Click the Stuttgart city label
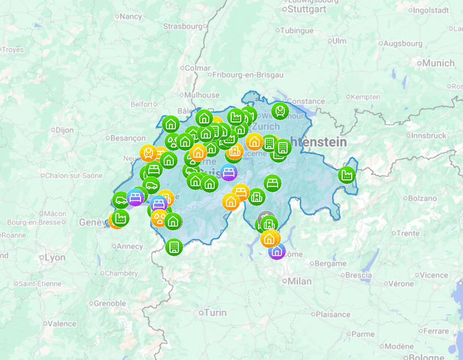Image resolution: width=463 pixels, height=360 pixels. pyautogui.click(x=306, y=9)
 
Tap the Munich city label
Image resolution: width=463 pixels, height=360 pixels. pyautogui.click(x=438, y=63)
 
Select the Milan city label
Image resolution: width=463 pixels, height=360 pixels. pyautogui.click(x=300, y=281)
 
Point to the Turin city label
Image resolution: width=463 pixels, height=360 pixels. pyautogui.click(x=214, y=312)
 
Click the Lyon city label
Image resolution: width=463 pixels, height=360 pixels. pyautogui.click(x=55, y=257)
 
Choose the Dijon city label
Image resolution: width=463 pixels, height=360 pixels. pyautogui.click(x=64, y=130)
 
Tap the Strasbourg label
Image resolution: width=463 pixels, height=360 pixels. pyautogui.click(x=183, y=26)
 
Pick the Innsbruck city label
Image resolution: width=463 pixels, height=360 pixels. pyautogui.click(x=429, y=135)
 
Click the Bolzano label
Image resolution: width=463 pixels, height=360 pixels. pyautogui.click(x=407, y=198)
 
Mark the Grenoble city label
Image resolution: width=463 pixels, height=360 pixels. pyautogui.click(x=109, y=303)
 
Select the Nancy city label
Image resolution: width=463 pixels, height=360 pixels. pyautogui.click(x=130, y=16)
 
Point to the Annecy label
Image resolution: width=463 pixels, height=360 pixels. pyautogui.click(x=130, y=246)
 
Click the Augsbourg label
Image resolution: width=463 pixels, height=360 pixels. pyautogui.click(x=403, y=43)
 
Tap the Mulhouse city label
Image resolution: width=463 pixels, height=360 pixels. pyautogui.click(x=201, y=95)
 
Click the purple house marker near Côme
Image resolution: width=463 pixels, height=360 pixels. pyautogui.click(x=277, y=251)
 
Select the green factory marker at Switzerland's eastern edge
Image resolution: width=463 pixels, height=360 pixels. pyautogui.click(x=347, y=175)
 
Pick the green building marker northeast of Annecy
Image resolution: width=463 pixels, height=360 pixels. pyautogui.click(x=174, y=247)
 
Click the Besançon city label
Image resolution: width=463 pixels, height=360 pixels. pyautogui.click(x=128, y=138)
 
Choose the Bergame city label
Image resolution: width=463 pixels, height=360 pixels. pyautogui.click(x=331, y=263)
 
